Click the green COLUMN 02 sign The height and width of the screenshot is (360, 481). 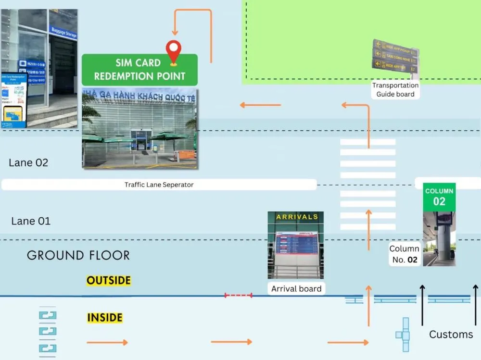[439, 197]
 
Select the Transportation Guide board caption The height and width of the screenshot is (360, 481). [395, 90]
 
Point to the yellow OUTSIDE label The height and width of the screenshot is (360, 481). [109, 280]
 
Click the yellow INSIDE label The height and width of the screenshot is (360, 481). [105, 318]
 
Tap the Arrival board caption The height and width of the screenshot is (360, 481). [296, 289]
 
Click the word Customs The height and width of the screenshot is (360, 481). [451, 335]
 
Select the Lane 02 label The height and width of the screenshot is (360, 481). [28, 162]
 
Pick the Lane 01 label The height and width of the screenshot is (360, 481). [31, 221]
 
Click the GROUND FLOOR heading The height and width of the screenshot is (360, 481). [78, 255]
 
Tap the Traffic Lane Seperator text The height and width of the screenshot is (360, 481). [159, 185]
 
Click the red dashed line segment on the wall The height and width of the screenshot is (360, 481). [238, 295]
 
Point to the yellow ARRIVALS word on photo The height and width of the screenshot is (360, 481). [297, 217]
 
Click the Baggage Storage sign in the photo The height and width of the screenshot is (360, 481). [63, 33]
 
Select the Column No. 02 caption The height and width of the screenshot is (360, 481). [404, 254]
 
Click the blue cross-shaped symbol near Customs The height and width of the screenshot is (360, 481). [404, 335]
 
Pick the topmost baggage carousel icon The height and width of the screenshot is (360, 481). [48, 315]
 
